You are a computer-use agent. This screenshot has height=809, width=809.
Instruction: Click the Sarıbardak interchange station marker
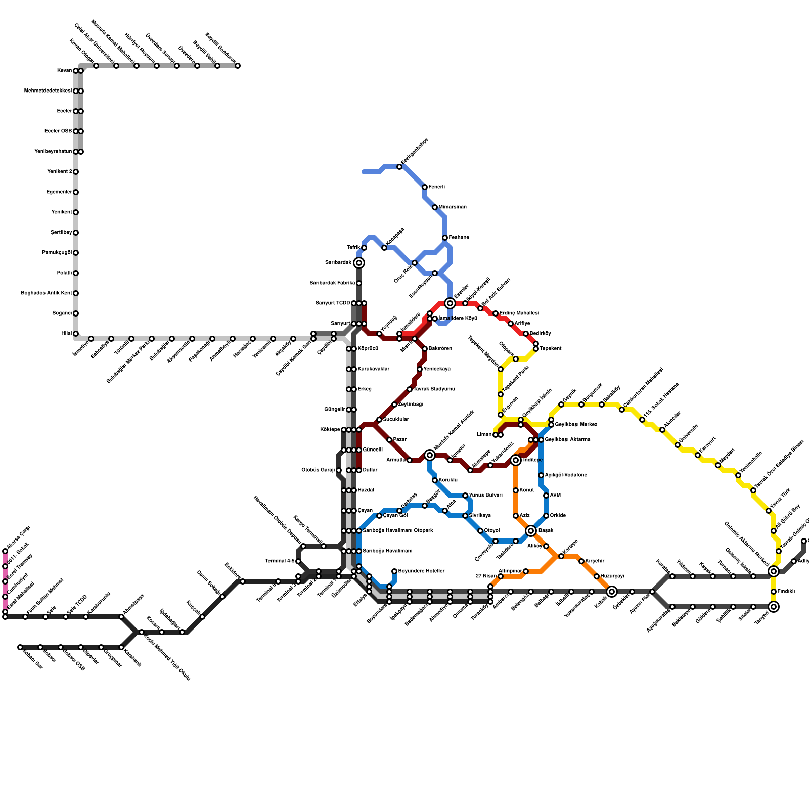click(359, 263)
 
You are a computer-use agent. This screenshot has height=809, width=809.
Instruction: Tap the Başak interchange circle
click(531, 531)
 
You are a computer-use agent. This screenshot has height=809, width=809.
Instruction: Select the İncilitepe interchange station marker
click(516, 460)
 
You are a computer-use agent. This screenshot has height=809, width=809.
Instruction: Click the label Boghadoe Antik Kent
click(47, 293)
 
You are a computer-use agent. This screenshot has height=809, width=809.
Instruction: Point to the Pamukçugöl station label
click(57, 253)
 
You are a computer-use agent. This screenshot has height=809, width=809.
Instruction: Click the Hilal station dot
click(76, 334)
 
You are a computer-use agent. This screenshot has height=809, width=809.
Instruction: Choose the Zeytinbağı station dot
click(394, 404)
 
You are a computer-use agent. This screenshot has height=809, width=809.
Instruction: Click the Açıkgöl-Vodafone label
click(566, 475)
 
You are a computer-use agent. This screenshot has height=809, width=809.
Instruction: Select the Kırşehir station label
click(595, 561)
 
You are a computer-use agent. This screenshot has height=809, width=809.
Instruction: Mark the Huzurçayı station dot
click(597, 576)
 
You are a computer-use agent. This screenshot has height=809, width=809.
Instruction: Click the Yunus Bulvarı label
click(485, 496)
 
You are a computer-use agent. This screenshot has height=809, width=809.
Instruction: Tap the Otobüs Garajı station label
click(318, 470)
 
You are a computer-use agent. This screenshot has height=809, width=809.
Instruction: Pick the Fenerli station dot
click(425, 187)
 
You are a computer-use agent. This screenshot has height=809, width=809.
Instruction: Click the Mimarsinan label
click(453, 207)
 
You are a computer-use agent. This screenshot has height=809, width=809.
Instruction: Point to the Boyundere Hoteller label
click(421, 571)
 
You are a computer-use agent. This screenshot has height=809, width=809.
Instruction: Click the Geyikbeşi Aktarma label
click(567, 440)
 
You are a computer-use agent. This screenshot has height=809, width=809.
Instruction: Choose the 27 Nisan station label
click(486, 576)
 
